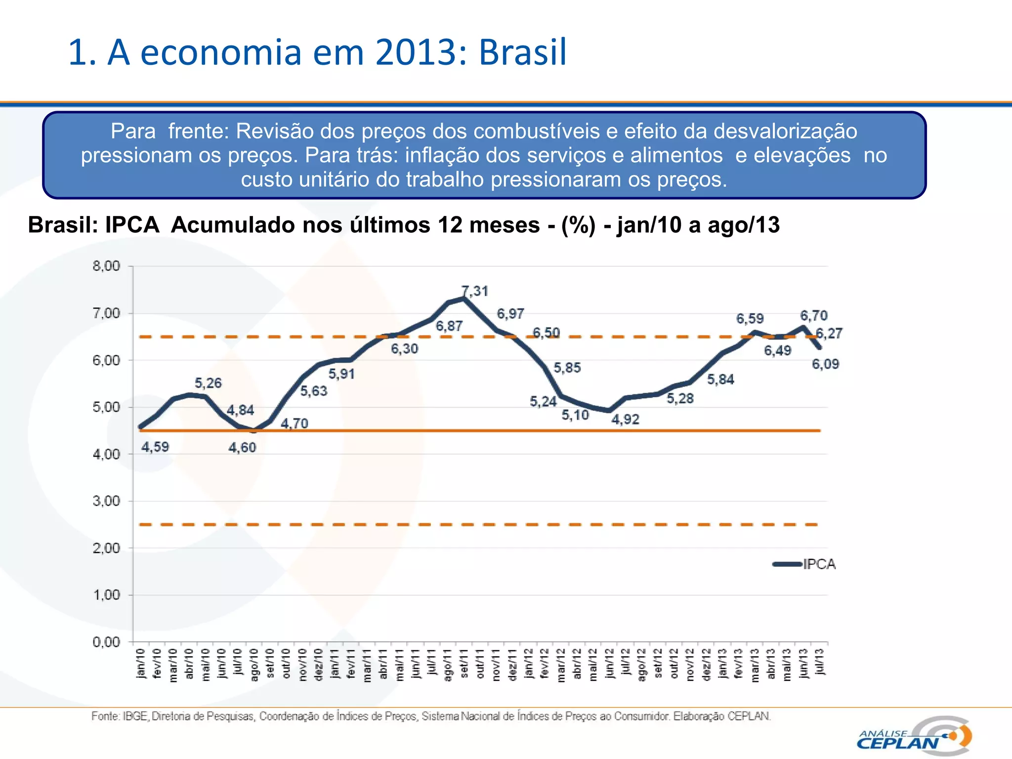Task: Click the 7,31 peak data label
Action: [x=475, y=291]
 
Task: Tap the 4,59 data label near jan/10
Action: [x=155, y=447]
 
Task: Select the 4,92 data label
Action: [x=625, y=420]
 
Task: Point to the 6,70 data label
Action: [x=814, y=315]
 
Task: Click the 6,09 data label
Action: [x=825, y=364]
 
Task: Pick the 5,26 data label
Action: [x=208, y=383]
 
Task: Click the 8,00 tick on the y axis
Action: [x=106, y=266]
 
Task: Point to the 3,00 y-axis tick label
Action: [x=106, y=501]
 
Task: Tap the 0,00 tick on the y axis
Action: [x=106, y=642]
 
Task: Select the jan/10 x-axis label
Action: [x=141, y=663]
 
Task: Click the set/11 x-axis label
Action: [x=464, y=664]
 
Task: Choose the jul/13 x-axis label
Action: [x=819, y=662]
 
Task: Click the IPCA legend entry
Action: [x=819, y=564]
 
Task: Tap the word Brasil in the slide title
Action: [x=522, y=52]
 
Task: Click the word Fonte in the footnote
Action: [x=105, y=716]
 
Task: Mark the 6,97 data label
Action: [x=510, y=314]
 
